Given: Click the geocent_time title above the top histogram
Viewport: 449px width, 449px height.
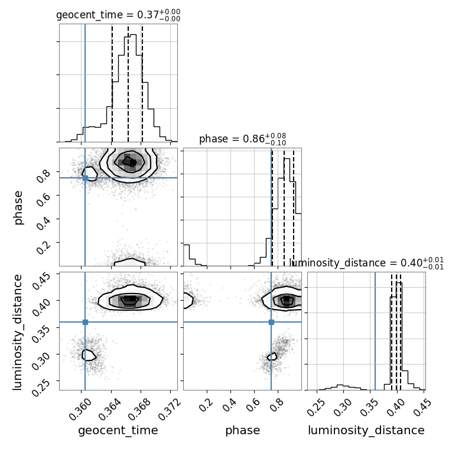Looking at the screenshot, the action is (118, 15).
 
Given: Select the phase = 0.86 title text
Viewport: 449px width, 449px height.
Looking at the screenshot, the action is (243, 139).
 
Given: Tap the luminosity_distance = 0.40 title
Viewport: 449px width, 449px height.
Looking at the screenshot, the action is (367, 263).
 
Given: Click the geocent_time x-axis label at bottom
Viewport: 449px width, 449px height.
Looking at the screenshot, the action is (118, 430).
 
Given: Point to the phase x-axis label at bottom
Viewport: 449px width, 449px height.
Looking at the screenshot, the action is (243, 430).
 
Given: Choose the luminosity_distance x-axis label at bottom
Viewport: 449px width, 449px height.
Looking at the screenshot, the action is (366, 430).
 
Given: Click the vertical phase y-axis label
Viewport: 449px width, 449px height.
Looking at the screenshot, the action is (18, 207).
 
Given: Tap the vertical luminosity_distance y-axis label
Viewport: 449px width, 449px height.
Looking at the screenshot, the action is (17, 332).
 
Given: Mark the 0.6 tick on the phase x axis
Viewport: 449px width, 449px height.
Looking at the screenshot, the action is (253, 405).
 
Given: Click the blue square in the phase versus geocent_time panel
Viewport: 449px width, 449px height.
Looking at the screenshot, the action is (85, 178).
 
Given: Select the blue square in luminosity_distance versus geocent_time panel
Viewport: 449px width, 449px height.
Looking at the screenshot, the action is (85, 322).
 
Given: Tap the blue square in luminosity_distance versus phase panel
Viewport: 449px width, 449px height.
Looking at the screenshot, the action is (271, 322).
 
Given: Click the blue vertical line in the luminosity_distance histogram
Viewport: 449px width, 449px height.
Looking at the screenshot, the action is (375, 331).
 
